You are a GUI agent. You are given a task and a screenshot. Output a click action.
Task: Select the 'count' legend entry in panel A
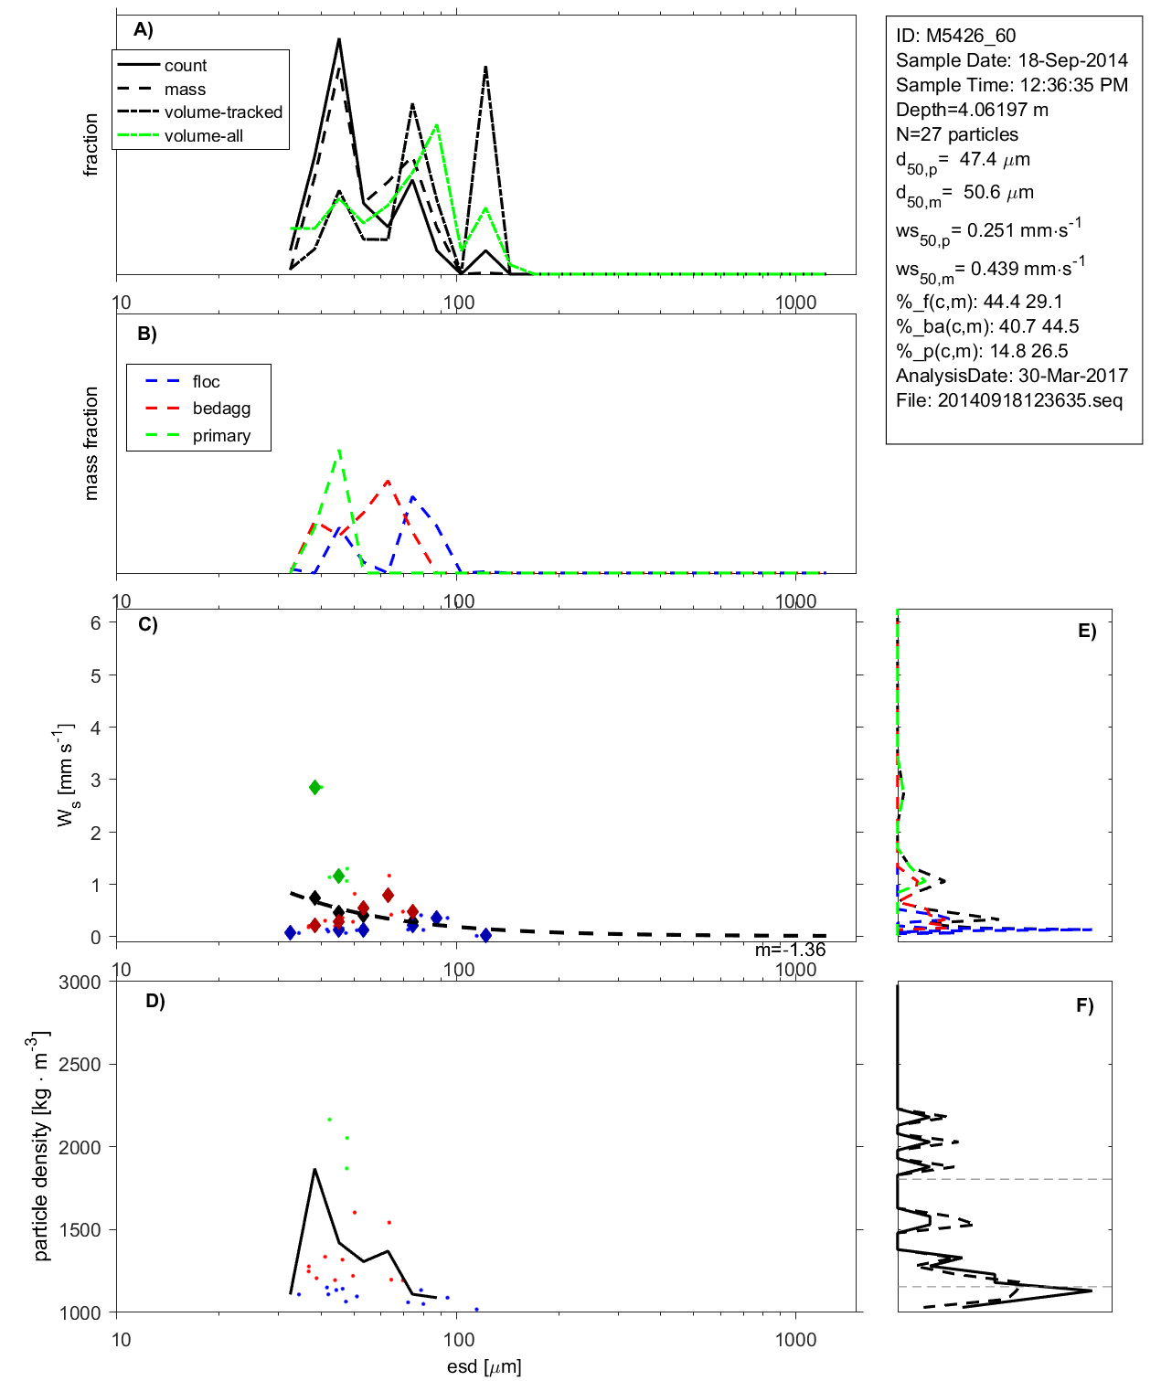186,66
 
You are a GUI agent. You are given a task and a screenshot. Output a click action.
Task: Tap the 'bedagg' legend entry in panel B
221,409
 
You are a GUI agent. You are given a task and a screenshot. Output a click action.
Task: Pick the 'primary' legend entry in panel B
221,436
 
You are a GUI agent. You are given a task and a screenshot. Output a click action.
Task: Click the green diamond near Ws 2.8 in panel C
315,787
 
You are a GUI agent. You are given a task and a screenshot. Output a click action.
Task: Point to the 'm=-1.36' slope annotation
790,950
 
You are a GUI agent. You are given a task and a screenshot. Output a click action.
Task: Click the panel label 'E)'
1086,631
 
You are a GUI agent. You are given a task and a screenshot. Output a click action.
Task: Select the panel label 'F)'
1084,1005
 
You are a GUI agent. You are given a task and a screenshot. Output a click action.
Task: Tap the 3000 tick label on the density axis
80,983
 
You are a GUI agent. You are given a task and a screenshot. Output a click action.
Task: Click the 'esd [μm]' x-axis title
484,1366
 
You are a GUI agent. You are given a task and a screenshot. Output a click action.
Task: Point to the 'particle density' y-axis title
40,1146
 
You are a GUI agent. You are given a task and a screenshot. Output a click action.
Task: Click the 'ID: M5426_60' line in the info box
955,36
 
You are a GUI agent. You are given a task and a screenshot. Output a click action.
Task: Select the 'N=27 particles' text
956,134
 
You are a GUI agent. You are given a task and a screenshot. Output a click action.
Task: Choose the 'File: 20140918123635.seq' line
1008,400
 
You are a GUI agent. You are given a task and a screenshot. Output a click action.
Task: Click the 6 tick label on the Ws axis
95,622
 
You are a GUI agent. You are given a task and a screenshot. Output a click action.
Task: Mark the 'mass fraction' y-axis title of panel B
91,443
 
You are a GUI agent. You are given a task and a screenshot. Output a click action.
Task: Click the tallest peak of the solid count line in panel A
339,39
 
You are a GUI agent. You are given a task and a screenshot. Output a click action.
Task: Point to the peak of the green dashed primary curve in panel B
339,450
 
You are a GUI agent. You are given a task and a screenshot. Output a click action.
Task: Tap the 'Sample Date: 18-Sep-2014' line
1011,60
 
